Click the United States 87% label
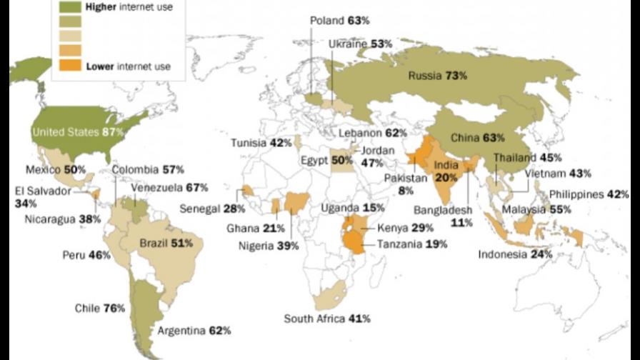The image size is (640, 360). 79,131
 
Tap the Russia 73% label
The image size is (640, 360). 437,75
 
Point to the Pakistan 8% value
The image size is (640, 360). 407,190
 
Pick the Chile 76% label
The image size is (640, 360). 100,308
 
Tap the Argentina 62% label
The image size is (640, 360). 195,331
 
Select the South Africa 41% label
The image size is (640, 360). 327,319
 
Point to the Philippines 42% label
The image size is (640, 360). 589,194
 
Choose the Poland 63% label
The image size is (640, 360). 339,21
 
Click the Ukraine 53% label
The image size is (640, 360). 361,44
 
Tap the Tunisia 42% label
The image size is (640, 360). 261,143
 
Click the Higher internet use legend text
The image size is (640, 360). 129,8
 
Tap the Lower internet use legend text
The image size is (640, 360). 128,67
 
